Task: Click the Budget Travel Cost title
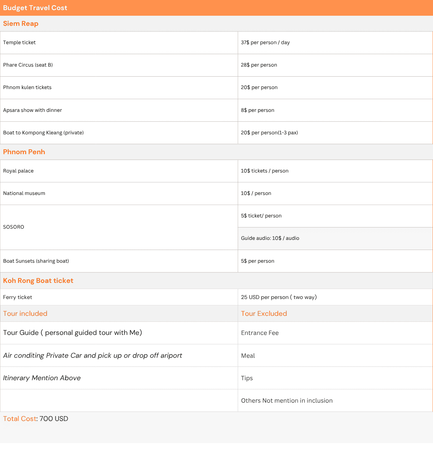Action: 35,8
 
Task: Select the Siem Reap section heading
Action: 21,24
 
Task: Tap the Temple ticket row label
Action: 19,43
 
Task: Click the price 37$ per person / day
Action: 265,43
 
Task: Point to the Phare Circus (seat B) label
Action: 28,65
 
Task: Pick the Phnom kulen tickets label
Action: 27,88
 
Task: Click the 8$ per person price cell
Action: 258,110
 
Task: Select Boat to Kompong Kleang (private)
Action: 43,133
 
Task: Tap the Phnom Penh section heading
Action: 24,152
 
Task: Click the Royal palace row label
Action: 18,171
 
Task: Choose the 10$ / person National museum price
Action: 256,193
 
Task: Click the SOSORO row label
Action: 14,227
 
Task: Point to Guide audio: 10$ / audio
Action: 270,238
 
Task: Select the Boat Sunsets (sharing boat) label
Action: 36,261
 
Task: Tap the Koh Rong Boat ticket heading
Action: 38,281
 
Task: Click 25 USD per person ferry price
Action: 279,297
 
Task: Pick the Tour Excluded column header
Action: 264,314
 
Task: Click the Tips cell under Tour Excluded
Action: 247,378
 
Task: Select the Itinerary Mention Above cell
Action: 42,378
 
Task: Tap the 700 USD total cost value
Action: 54,419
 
